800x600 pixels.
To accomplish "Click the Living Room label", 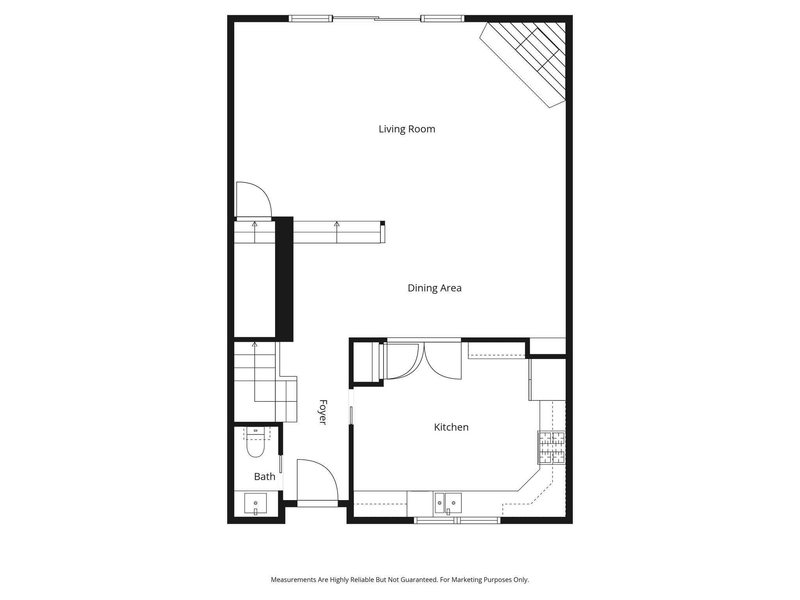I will (407, 129).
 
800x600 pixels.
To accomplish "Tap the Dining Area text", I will (434, 288).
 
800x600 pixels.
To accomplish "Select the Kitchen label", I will (451, 427).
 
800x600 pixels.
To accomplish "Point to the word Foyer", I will (323, 412).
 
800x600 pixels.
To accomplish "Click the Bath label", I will (264, 477).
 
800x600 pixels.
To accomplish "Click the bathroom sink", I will (255, 503).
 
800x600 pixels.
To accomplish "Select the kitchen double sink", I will (448, 503).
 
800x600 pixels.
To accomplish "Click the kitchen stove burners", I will (552, 447).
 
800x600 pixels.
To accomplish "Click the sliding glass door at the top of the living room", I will (377, 18).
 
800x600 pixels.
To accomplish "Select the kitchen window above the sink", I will (457, 520).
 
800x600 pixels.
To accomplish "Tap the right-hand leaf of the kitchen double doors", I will (443, 361).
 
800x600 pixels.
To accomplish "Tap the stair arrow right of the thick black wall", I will (337, 224).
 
